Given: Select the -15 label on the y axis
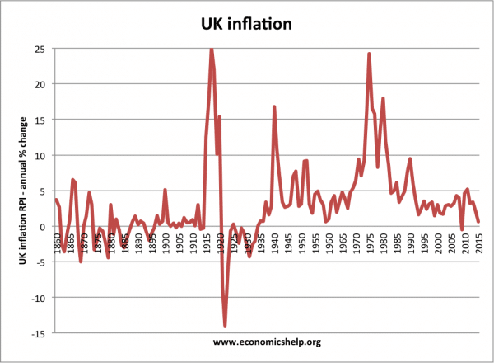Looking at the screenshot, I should click(x=39, y=332).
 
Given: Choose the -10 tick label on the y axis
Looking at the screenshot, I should click(x=39, y=297).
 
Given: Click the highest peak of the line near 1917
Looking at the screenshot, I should click(x=212, y=49).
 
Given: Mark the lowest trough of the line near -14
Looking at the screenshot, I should click(x=225, y=325).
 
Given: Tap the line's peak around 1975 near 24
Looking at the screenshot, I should click(x=369, y=54).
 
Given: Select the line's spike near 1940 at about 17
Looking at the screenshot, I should click(x=274, y=107).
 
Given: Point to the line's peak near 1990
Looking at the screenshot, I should click(x=410, y=159).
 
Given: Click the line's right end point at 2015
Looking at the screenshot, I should click(x=478, y=221).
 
